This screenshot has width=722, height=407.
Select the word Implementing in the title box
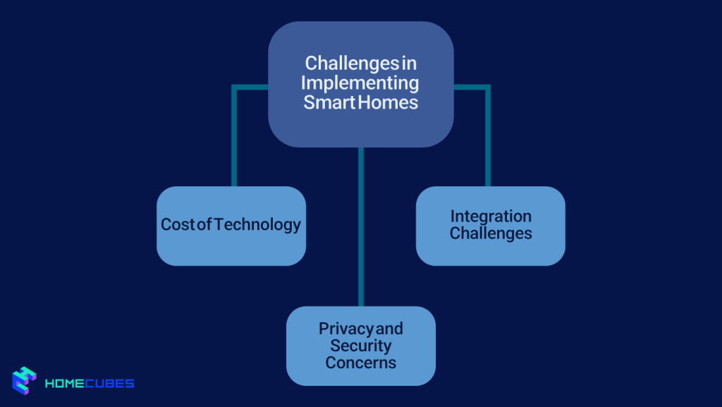pyautogui.click(x=360, y=83)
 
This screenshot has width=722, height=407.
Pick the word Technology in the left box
pyautogui.click(x=257, y=225)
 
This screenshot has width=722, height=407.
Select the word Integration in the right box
pyautogui.click(x=491, y=216)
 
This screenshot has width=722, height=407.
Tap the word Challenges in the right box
pyautogui.click(x=491, y=233)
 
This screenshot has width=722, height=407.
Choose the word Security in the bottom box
pyautogui.click(x=360, y=346)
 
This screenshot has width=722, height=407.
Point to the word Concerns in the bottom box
pyautogui.click(x=360, y=363)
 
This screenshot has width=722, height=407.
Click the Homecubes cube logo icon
pyautogui.click(x=24, y=381)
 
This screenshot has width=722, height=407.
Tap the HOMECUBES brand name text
pyautogui.click(x=90, y=384)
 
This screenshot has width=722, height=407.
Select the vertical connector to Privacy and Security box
pyautogui.click(x=360, y=226)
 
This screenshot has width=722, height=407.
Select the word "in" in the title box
pyautogui.click(x=409, y=63)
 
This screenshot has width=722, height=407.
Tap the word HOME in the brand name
pyautogui.click(x=66, y=384)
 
